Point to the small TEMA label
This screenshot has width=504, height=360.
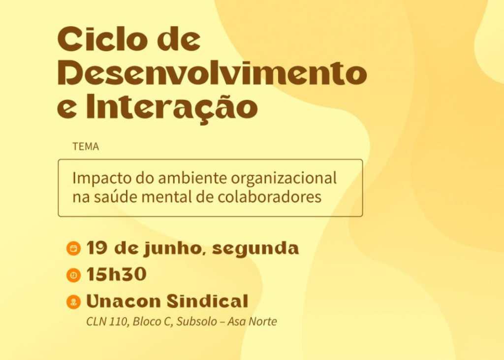86,147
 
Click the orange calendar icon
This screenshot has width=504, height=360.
74,249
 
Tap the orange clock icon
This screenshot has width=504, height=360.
74,275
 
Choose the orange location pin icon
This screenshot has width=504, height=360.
74,302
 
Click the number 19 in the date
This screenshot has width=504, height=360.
97,248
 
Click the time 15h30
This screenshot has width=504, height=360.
116,274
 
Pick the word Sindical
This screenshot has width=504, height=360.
207,301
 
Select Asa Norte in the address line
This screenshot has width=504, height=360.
252,322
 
